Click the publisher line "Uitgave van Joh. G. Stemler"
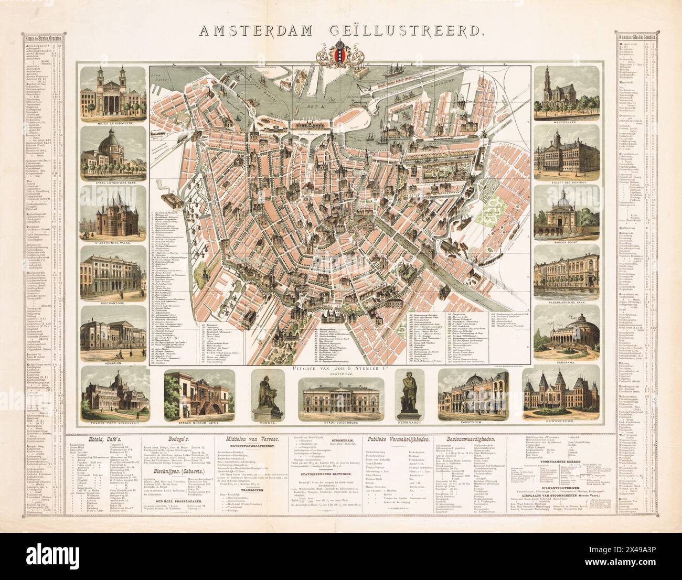[x=342, y=369]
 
